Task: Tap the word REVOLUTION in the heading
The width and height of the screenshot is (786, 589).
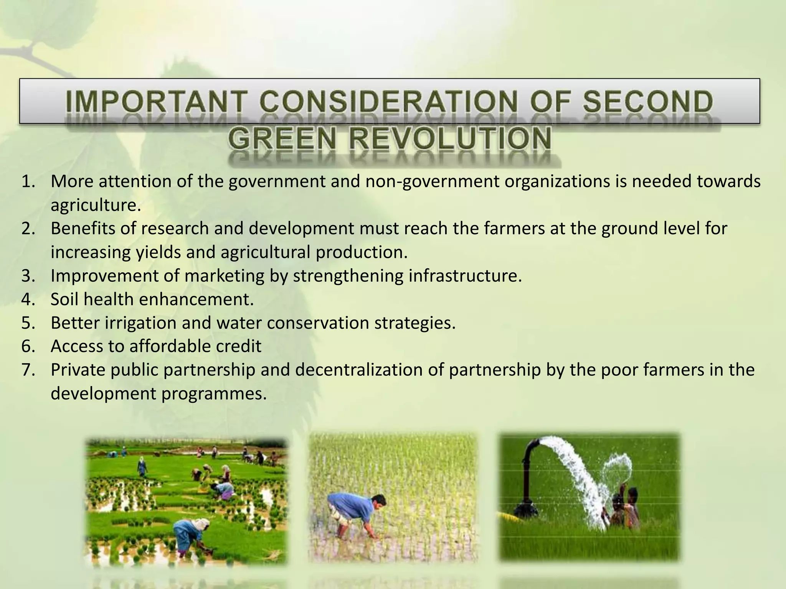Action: pyautogui.click(x=449, y=139)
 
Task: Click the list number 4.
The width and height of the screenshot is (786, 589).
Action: pyautogui.click(x=28, y=299)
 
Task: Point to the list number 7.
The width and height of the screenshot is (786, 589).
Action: pyautogui.click(x=28, y=370)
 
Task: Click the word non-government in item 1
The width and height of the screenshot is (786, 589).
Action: pyautogui.click(x=432, y=181)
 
